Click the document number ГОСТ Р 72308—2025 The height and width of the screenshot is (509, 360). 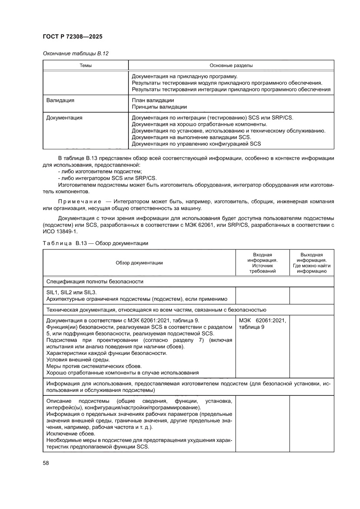(x=72, y=37)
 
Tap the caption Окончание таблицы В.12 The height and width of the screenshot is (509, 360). (x=75, y=54)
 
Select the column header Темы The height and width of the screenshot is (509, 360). (x=85, y=65)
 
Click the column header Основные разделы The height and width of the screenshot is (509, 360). (x=231, y=65)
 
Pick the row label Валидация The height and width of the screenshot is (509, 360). (x=60, y=100)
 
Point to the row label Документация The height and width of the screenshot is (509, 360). (x=64, y=118)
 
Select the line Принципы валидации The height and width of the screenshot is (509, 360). (x=159, y=107)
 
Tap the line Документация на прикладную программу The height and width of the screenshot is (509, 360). (x=184, y=76)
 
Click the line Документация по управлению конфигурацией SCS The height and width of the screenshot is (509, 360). (x=196, y=143)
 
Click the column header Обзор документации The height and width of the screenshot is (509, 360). (x=139, y=263)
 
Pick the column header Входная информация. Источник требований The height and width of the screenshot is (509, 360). (x=262, y=263)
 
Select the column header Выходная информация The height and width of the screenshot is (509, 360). (x=312, y=263)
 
